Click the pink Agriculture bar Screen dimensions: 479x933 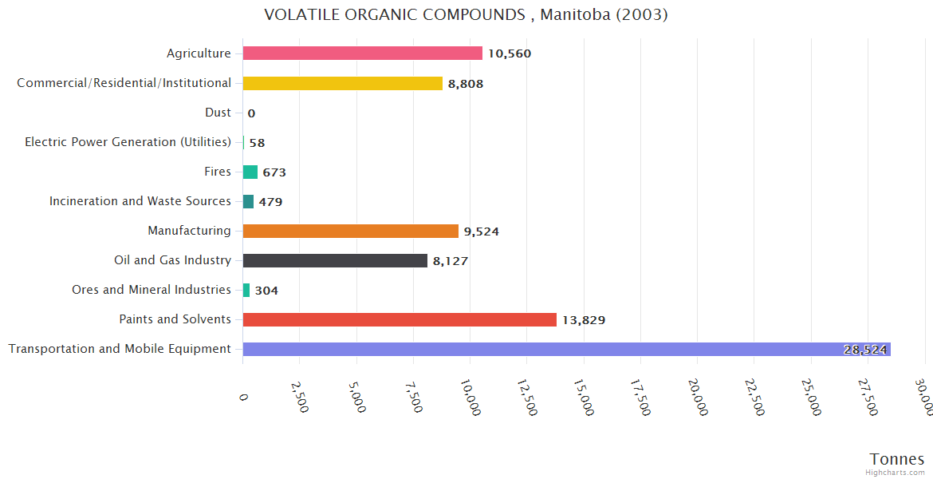pyautogui.click(x=362, y=53)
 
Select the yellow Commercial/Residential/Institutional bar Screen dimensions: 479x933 pyautogui.click(x=342, y=83)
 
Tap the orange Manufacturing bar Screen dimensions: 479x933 pyautogui.click(x=350, y=231)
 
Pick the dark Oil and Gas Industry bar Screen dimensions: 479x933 pyautogui.click(x=335, y=260)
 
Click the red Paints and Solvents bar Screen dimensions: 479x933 pyautogui.click(x=400, y=319)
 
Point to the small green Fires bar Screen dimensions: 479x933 pyautogui.click(x=250, y=172)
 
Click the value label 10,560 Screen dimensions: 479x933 pyautogui.click(x=510, y=53)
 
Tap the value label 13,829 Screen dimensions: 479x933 pyautogui.click(x=584, y=320)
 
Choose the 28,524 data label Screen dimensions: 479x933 pyautogui.click(x=864, y=350)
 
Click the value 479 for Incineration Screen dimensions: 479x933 pyautogui.click(x=270, y=202)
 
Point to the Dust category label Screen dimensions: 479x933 pyautogui.click(x=218, y=113)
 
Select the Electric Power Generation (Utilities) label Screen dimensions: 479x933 pyautogui.click(x=128, y=142)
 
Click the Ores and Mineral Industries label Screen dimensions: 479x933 pyautogui.click(x=152, y=290)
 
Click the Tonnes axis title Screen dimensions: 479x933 pyautogui.click(x=896, y=459)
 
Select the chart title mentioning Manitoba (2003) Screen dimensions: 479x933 pyautogui.click(x=466, y=14)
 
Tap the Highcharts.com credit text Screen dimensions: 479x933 pyautogui.click(x=896, y=473)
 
